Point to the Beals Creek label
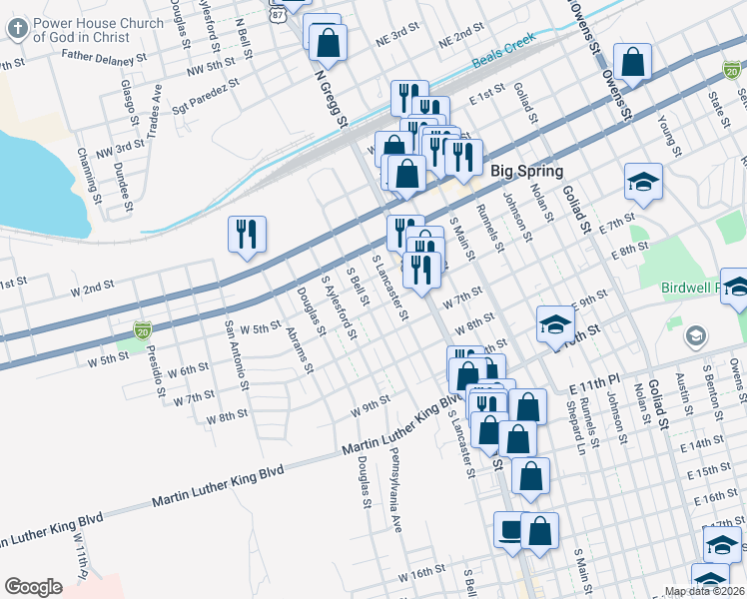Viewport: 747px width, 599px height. tap(504, 60)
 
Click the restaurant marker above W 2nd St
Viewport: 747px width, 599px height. tap(247, 235)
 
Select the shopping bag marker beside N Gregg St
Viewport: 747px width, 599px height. tap(327, 42)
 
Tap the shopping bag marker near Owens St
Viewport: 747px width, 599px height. tap(633, 62)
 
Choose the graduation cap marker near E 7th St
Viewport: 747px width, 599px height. tap(643, 182)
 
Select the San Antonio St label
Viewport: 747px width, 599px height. tap(237, 355)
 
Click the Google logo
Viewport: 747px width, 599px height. tap(33, 587)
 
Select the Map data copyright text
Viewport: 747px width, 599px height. tap(705, 591)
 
